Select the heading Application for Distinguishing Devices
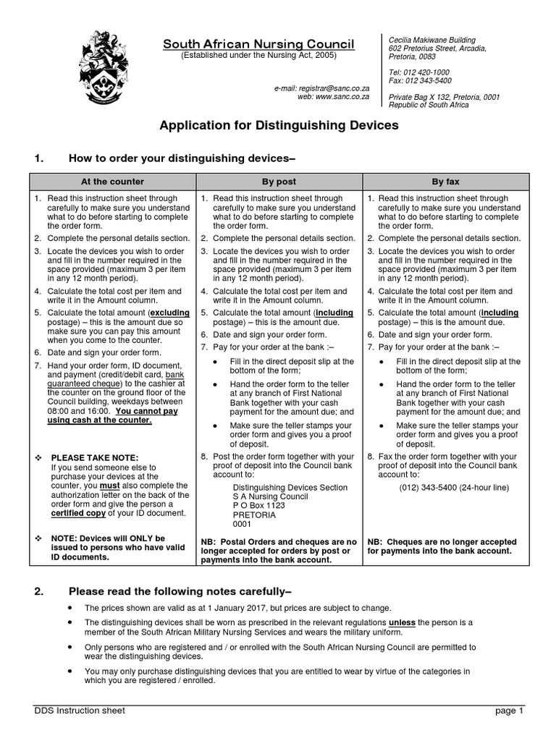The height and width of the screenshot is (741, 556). tap(279, 125)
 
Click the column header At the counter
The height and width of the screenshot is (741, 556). tap(112, 182)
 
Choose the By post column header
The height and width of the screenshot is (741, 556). tap(279, 182)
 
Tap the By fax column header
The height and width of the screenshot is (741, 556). tap(445, 182)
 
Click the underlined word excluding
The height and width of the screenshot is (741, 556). tap(170, 312)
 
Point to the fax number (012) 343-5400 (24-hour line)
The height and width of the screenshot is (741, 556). tap(453, 488)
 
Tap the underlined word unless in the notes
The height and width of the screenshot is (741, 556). tap(402, 622)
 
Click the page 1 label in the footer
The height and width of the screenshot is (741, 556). tap(508, 711)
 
